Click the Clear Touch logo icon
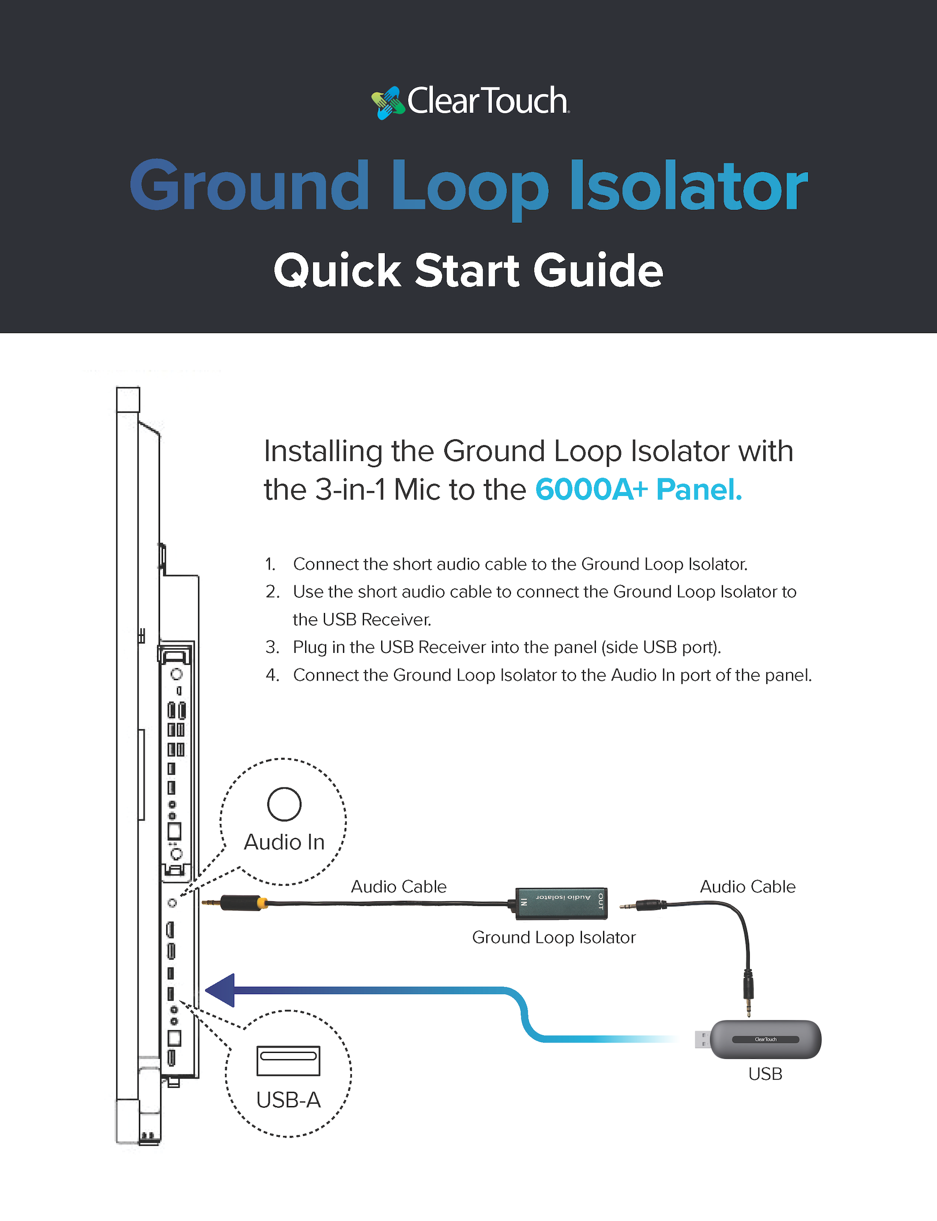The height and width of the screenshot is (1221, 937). [388, 103]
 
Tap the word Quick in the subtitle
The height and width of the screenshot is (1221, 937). [337, 271]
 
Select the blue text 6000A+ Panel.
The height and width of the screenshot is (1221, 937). [638, 490]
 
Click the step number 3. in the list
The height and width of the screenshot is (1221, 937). [272, 647]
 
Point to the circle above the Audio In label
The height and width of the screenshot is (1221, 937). [285, 804]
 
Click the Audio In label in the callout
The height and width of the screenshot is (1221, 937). [285, 842]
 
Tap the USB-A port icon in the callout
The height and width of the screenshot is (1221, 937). [288, 1060]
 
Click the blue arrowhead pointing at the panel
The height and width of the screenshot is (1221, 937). [221, 990]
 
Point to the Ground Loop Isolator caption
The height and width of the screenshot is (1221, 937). [553, 937]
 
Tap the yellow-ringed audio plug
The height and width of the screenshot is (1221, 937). [242, 902]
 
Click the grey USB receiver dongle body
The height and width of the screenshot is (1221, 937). [765, 1039]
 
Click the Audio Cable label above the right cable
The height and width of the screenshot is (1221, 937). [747, 887]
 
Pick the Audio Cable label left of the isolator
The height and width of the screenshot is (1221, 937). [398, 887]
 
